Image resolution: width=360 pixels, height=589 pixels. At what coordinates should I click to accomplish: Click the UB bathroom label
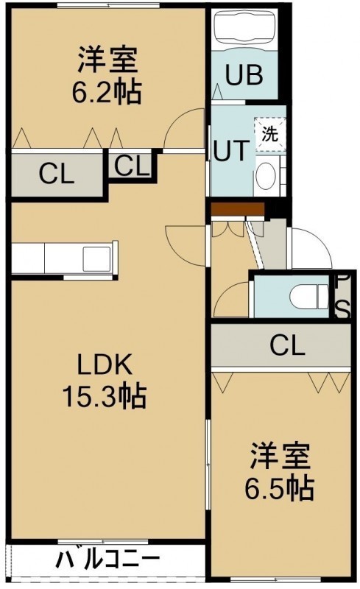[x=244, y=75]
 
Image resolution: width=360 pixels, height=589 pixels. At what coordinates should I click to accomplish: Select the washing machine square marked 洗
[x=269, y=134]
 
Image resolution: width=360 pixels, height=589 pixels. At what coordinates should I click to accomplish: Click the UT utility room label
[x=231, y=150]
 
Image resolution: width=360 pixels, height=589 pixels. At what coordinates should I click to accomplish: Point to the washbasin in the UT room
[x=267, y=176]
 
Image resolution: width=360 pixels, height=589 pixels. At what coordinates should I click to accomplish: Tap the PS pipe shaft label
[x=342, y=297]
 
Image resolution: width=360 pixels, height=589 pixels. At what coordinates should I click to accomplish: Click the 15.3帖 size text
[x=104, y=397]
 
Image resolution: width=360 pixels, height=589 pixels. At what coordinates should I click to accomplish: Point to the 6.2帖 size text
[x=107, y=92]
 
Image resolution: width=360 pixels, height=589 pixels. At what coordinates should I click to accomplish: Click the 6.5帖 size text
[x=280, y=487]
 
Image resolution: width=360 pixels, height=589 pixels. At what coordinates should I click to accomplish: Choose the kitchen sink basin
[x=96, y=259]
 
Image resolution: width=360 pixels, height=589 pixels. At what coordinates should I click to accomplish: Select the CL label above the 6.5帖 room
[x=287, y=346]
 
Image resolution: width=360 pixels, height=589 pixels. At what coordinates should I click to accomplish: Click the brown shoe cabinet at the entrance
[x=237, y=210]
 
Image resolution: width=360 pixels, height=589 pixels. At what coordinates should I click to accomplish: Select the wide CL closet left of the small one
[x=57, y=174]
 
